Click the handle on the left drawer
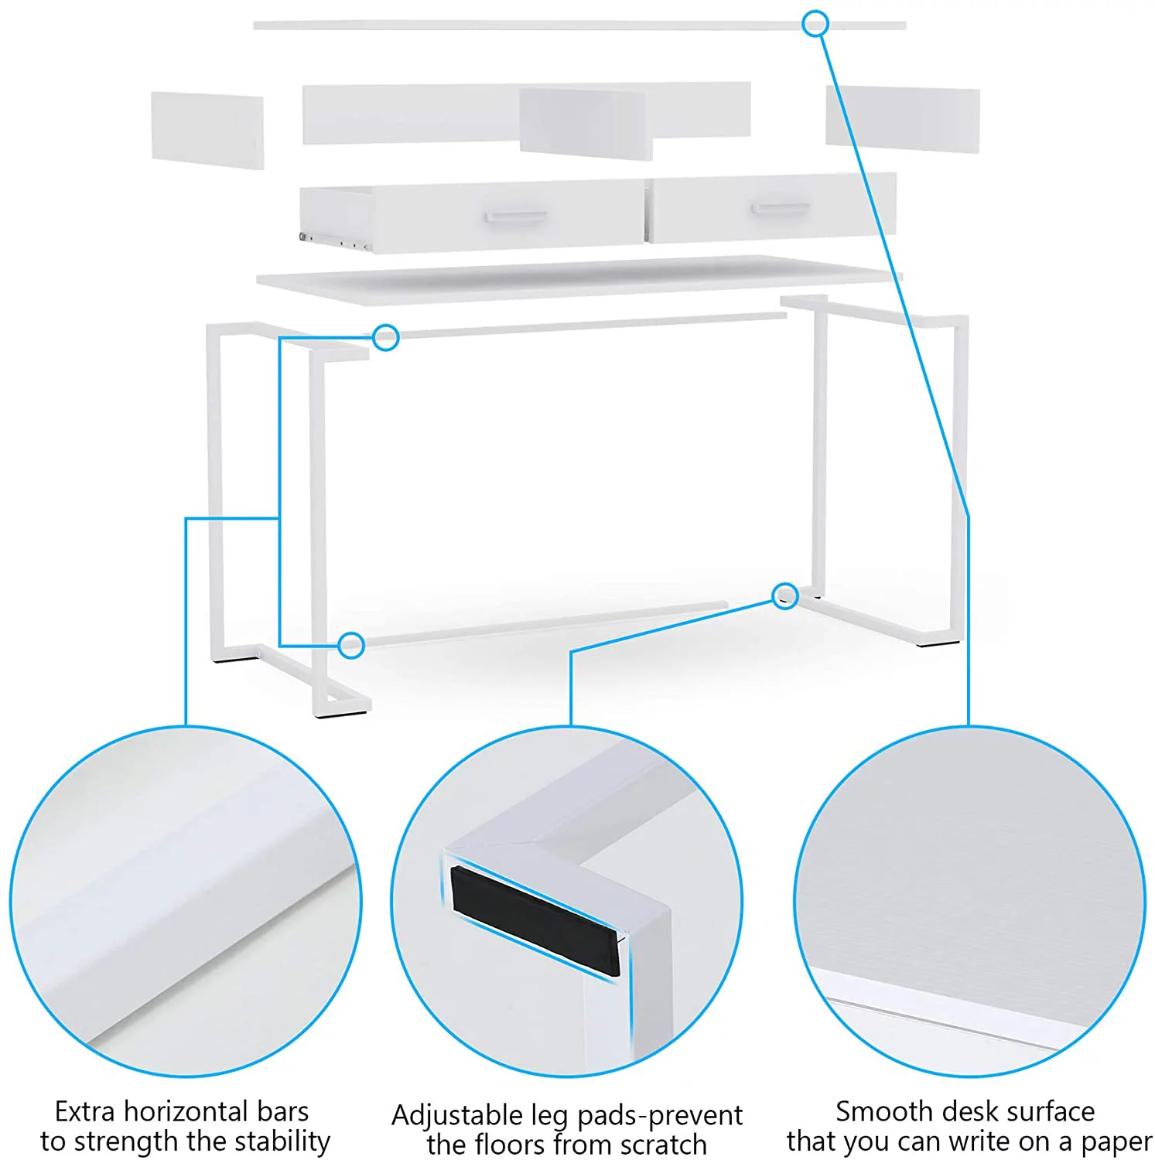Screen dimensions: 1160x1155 click(x=516, y=217)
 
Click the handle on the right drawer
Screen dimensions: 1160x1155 click(x=781, y=207)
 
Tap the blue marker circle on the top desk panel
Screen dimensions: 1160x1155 click(x=815, y=24)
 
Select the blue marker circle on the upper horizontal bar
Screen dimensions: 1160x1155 click(x=385, y=338)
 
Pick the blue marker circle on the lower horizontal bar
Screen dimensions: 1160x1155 click(x=351, y=645)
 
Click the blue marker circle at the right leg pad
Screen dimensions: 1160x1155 click(x=785, y=595)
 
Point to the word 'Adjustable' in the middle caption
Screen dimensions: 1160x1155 click(x=456, y=1116)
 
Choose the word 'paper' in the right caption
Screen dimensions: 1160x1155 click(x=1116, y=1142)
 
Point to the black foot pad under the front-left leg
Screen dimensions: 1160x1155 click(x=331, y=715)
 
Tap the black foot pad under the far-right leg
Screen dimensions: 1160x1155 click(x=936, y=643)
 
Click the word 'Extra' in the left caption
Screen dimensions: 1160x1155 click(x=85, y=1111)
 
